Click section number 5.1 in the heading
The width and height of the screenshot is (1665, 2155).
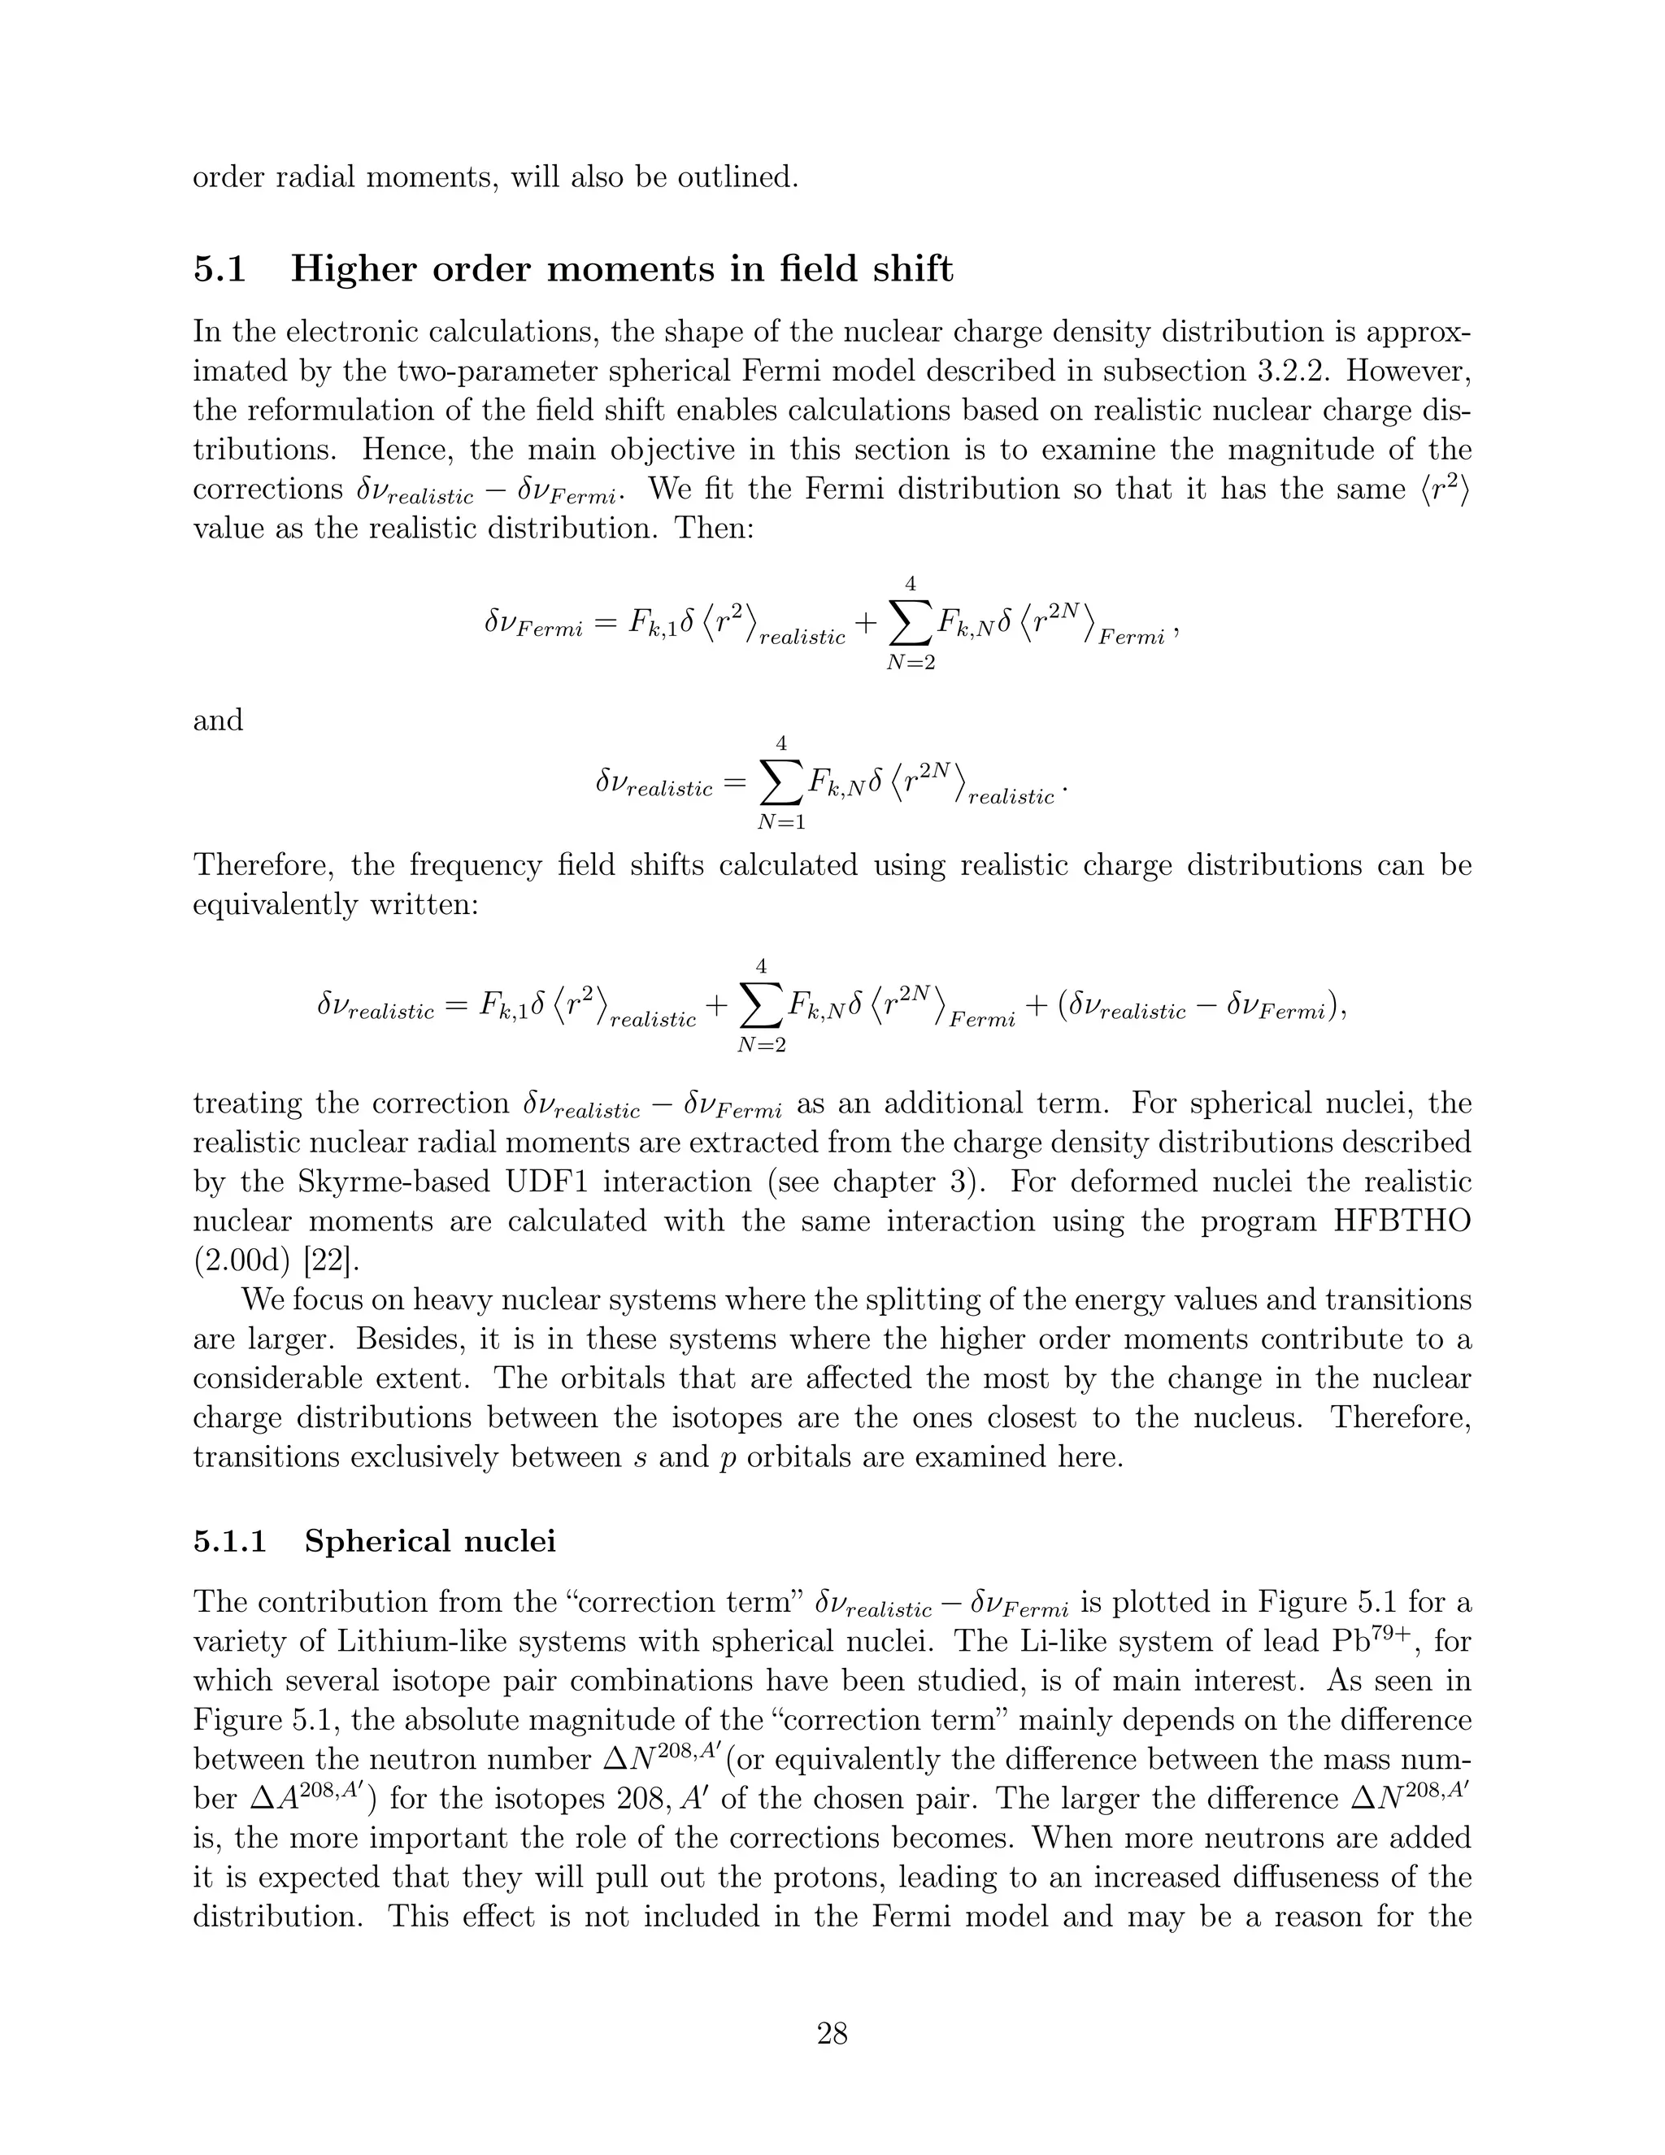(x=219, y=269)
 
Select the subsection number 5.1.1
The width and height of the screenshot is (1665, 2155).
(x=230, y=1540)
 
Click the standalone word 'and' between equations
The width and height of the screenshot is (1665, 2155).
(x=218, y=721)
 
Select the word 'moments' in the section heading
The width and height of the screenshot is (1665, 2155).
(x=630, y=269)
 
